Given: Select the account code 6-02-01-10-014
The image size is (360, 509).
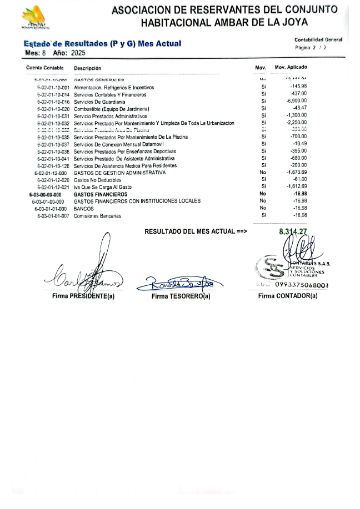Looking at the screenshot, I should (x=53, y=94).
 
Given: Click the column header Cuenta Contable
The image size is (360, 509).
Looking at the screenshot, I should (x=44, y=68).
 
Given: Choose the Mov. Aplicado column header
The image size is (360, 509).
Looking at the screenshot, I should (x=291, y=68).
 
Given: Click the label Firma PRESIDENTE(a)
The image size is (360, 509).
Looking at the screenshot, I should (x=83, y=296).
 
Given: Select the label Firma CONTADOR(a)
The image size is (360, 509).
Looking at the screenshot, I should (x=288, y=296).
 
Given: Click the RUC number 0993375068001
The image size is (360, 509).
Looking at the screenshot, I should (x=302, y=285).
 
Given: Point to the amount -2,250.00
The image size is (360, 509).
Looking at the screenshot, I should (x=296, y=123).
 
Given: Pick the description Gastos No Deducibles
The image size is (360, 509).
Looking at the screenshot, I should (x=97, y=180).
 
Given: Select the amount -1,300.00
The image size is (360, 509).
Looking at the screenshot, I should (x=296, y=115).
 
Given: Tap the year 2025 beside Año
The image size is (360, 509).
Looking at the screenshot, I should (x=79, y=53).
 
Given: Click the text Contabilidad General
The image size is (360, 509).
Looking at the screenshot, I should (x=318, y=40).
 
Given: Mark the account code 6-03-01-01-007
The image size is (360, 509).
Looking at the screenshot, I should (x=53, y=215).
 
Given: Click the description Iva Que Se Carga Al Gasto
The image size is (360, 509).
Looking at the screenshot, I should (x=103, y=187).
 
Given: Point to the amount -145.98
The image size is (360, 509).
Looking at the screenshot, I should (x=298, y=87).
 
